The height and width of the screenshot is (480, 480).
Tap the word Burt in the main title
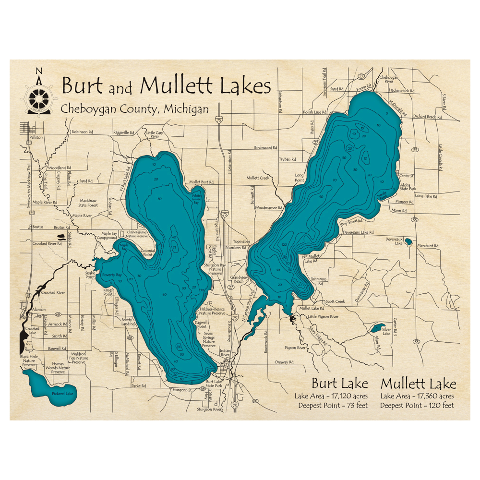coord(82,86)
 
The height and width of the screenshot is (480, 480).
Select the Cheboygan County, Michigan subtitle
coord(135,109)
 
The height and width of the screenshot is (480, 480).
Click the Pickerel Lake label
coord(62,394)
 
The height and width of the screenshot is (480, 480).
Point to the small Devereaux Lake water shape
coord(408,241)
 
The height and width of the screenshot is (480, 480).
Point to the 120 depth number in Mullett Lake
coord(284,245)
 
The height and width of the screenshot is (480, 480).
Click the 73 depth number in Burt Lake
coord(175,247)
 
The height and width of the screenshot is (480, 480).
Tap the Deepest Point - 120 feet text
coord(417,406)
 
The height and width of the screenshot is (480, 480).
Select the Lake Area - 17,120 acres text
coord(331,396)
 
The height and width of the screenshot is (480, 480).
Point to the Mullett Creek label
coord(258,178)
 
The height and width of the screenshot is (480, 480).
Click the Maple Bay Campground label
coord(107,236)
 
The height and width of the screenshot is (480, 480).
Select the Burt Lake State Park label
coord(214,384)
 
